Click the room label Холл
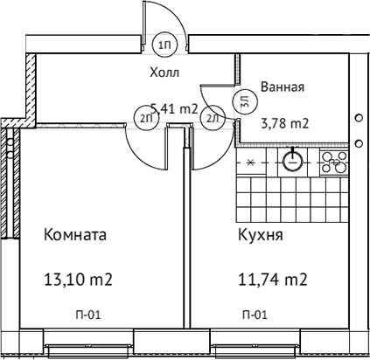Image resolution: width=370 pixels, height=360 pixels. (x=167, y=73)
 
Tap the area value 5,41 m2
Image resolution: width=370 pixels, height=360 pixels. (x=173, y=108)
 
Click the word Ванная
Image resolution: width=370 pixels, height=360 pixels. (x=283, y=87)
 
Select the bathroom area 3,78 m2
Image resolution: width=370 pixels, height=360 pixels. (x=285, y=123)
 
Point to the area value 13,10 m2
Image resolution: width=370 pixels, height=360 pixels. (x=78, y=280)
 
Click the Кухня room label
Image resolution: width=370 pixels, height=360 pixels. (x=260, y=235)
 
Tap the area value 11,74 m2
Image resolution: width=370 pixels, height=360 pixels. (x=272, y=280)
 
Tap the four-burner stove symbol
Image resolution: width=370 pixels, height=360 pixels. (x=333, y=162)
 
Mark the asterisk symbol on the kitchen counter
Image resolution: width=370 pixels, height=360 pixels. (x=250, y=162)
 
